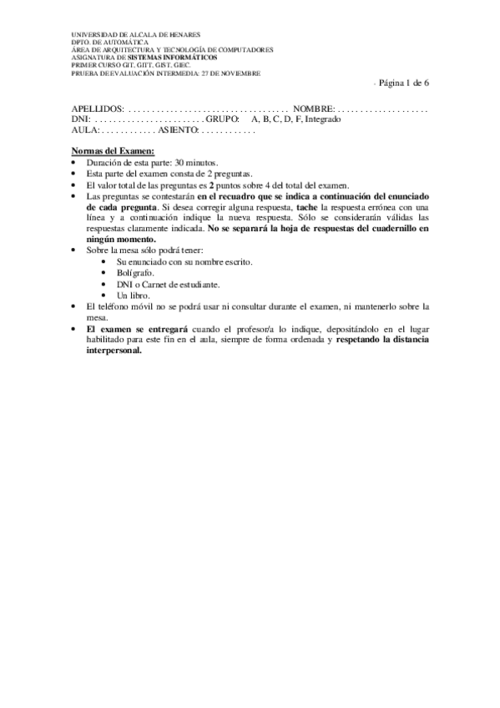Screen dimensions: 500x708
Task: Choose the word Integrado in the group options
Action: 323,119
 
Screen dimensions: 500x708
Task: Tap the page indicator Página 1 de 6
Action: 404,84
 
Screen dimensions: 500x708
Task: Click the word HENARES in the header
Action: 182,35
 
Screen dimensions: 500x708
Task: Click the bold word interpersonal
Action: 114,351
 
